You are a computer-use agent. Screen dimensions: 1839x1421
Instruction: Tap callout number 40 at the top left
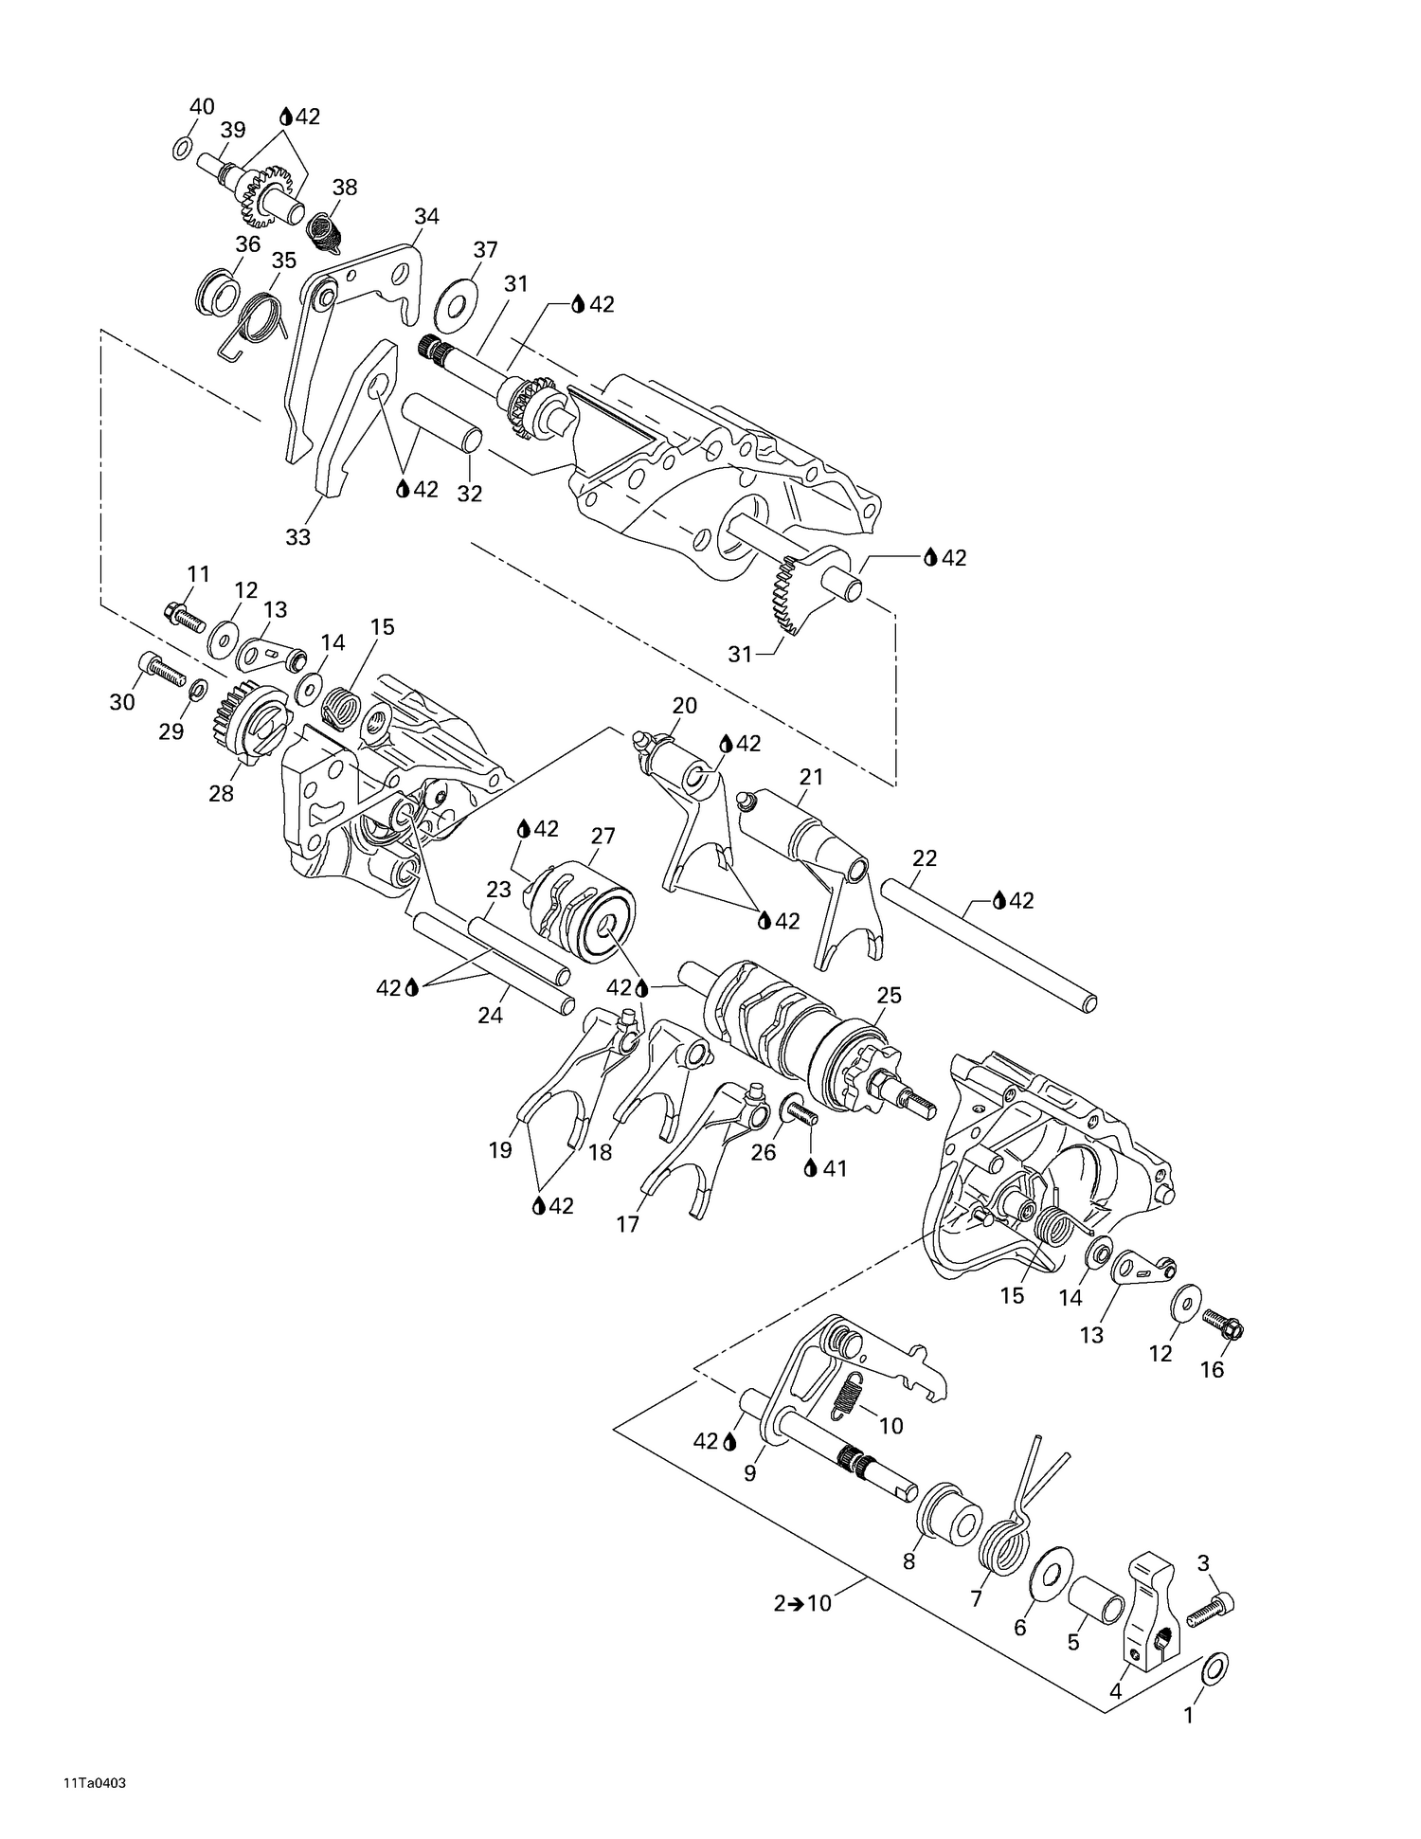tap(202, 107)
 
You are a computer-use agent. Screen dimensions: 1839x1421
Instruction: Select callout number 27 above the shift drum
tap(603, 836)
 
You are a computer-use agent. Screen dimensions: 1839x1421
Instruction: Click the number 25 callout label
tap(889, 996)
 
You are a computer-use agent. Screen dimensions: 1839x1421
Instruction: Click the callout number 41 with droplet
tap(825, 1168)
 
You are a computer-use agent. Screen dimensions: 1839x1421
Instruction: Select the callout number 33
tap(298, 537)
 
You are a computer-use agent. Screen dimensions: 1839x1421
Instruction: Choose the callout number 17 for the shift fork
tap(628, 1224)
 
